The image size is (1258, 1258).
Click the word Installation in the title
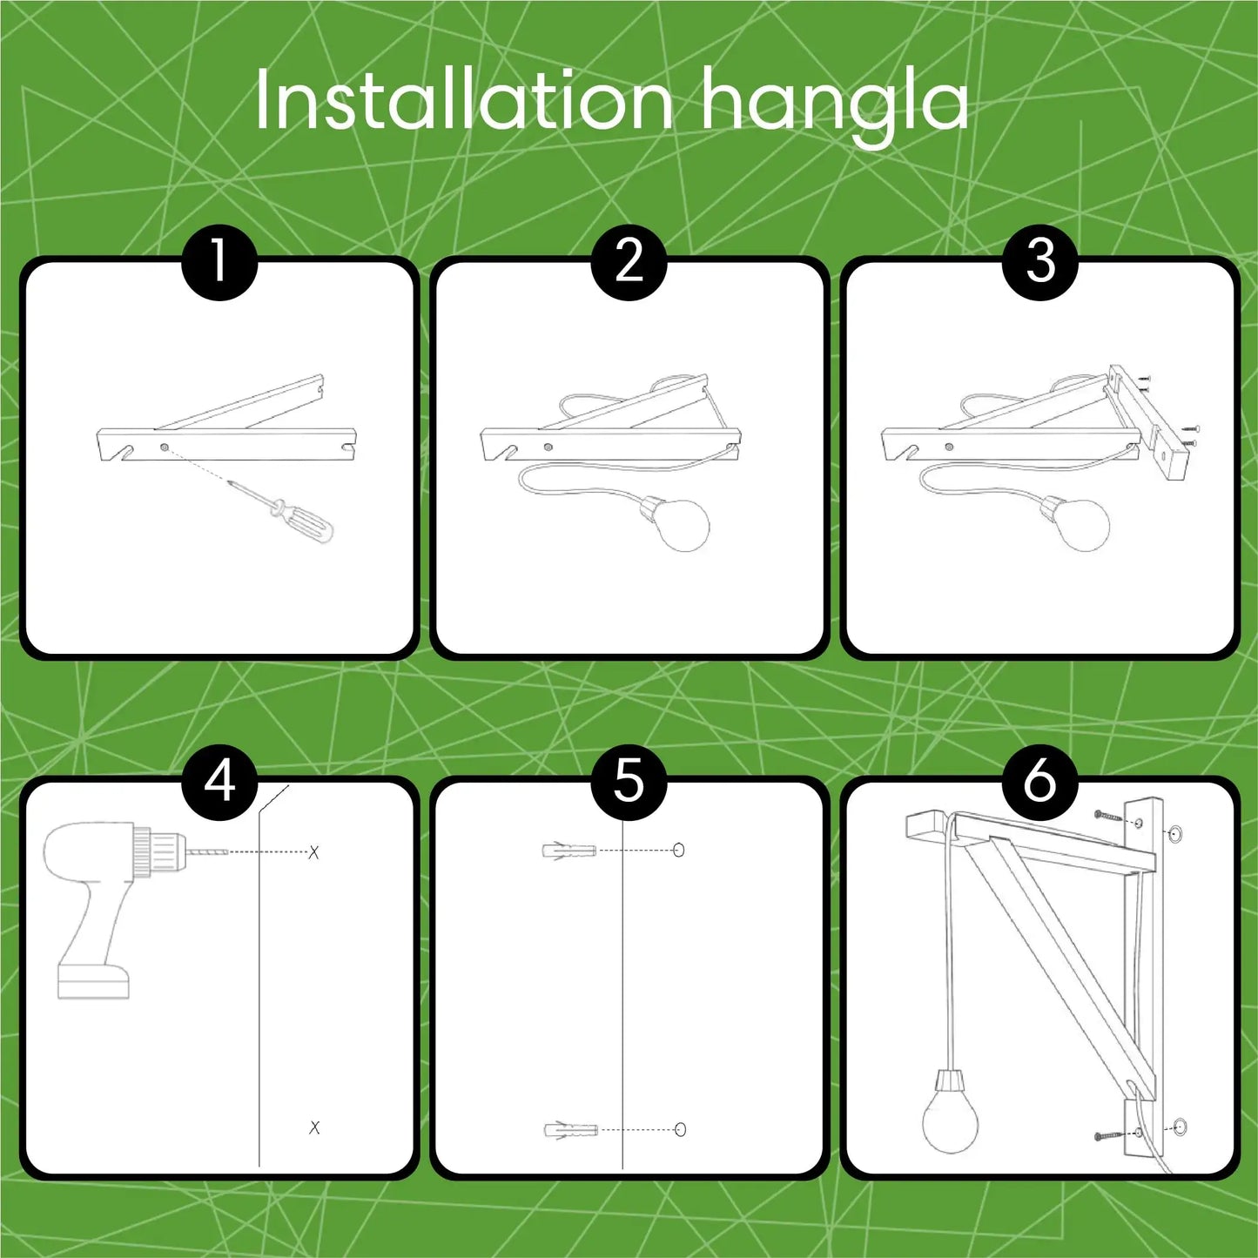(464, 100)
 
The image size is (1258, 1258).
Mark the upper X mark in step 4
(314, 851)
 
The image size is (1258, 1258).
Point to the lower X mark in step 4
(314, 1127)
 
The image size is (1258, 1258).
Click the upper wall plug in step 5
(568, 851)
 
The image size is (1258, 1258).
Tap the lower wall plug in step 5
(570, 1129)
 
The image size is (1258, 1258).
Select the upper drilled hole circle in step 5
(678, 850)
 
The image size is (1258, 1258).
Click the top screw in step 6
(1108, 816)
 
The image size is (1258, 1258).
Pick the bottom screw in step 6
(1108, 1136)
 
